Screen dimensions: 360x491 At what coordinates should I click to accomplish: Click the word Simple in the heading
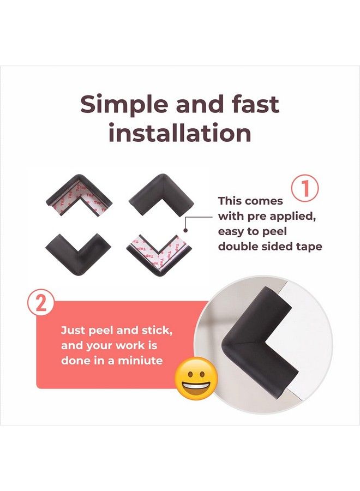point(124,105)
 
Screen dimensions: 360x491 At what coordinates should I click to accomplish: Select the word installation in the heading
point(179,133)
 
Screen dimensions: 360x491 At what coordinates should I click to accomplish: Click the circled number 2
point(41,304)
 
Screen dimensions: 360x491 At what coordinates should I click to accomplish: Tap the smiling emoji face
point(196,378)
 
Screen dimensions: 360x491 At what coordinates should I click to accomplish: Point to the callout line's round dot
point(185,230)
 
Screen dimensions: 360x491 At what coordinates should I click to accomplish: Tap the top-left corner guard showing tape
point(79,194)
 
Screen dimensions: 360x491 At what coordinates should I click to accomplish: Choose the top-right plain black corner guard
point(161,194)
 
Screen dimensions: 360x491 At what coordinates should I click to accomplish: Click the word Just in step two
point(73,331)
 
